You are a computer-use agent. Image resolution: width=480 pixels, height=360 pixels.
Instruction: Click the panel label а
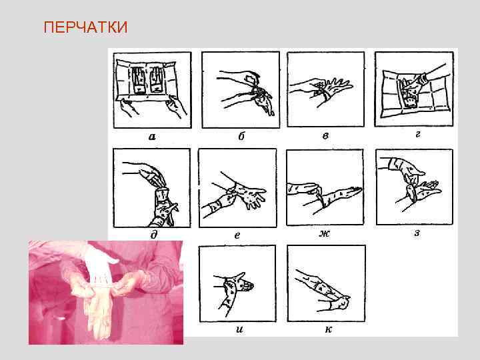coord(153,137)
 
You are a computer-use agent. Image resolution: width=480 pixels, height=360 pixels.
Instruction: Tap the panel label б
coord(241,137)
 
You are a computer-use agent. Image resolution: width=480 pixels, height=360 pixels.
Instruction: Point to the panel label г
coord(417,135)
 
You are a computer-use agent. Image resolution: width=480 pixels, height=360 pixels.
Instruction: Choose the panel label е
coord(237,234)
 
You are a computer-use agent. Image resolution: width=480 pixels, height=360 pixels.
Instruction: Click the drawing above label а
coord(153,89)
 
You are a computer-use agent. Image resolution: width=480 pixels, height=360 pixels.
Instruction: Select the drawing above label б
coord(240,89)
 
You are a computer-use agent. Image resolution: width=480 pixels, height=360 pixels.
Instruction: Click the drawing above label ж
coord(326,187)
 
